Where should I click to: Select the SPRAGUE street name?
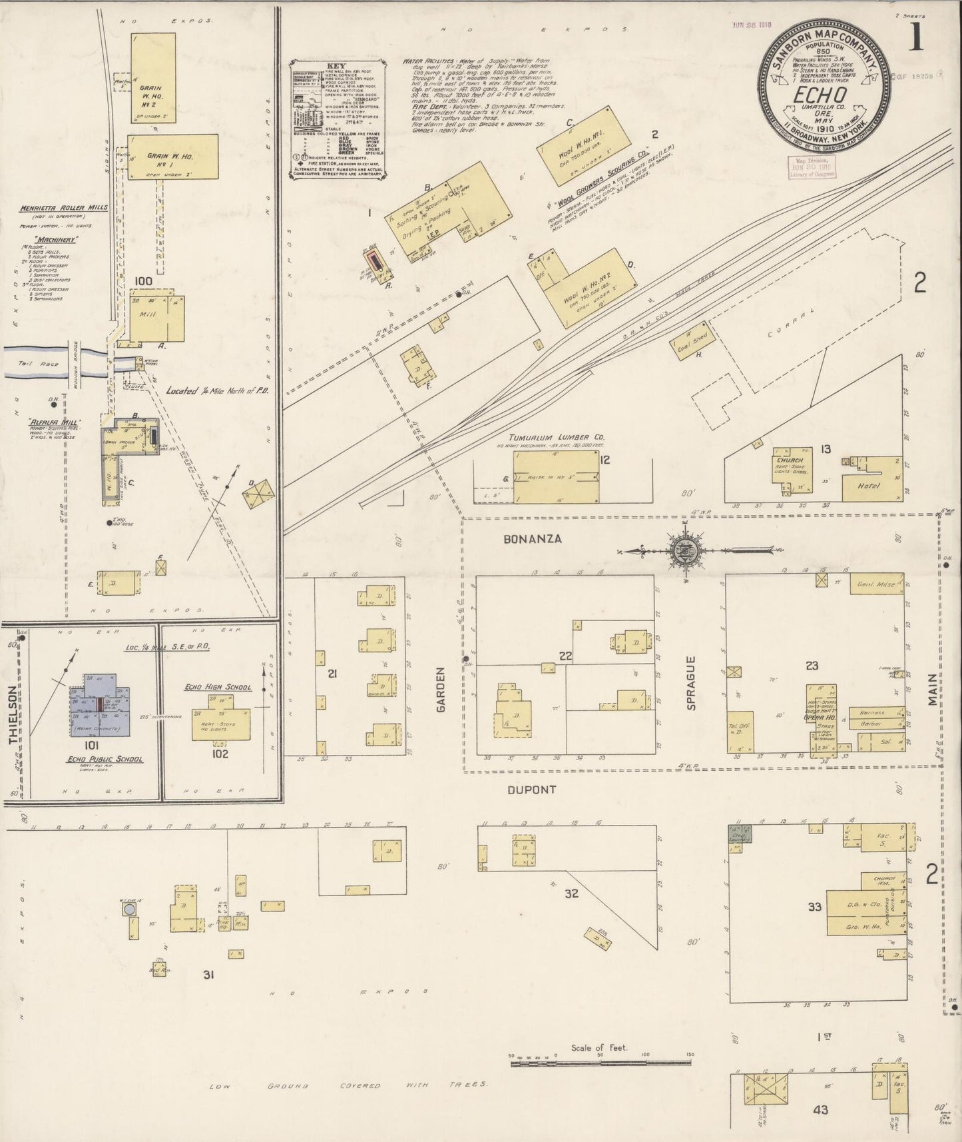click(x=691, y=683)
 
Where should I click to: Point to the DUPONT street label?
click(x=531, y=790)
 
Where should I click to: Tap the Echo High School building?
click(x=220, y=717)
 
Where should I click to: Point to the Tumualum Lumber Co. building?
click(x=556, y=476)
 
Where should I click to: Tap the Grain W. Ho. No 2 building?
click(x=154, y=79)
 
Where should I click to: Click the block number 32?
click(x=571, y=893)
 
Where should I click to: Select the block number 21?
click(x=332, y=674)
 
